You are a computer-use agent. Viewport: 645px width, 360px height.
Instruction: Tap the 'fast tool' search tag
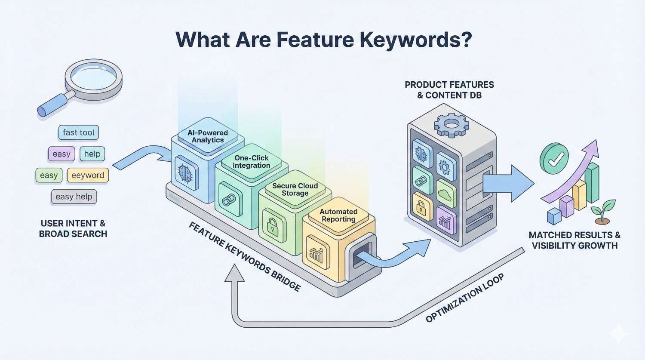[78, 132]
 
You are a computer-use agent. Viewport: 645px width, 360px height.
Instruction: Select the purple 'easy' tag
[61, 154]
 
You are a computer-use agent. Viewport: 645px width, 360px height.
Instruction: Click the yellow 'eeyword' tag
[88, 175]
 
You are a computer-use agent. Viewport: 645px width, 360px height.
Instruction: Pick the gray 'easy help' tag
[74, 197]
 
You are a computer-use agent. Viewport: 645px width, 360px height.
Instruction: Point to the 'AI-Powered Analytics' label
[208, 136]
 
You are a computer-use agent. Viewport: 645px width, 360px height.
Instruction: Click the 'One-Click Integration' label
[252, 162]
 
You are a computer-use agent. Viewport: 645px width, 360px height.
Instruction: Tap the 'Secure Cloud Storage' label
[295, 189]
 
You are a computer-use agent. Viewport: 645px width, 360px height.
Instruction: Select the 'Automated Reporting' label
[338, 215]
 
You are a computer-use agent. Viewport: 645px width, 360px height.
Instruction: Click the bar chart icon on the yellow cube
[316, 255]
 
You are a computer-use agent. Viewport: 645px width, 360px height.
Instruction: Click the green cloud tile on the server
[446, 193]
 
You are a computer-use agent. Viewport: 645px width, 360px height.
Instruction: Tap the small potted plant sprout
[602, 212]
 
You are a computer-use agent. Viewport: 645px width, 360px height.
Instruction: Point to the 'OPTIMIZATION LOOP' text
[464, 298]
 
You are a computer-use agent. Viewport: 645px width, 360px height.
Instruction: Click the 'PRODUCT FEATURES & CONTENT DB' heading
[449, 90]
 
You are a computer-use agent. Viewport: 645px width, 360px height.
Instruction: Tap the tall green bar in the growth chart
[592, 183]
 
